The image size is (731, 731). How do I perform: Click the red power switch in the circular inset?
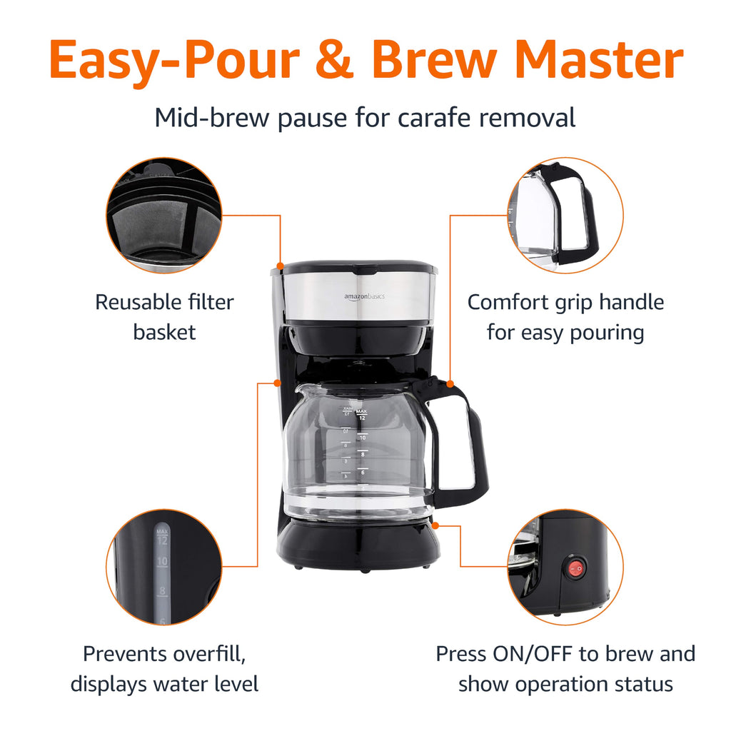click(x=575, y=569)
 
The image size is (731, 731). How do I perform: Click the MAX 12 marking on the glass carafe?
click(x=362, y=415)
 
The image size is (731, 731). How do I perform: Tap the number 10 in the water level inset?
click(x=162, y=562)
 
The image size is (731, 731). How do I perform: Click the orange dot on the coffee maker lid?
click(x=281, y=266)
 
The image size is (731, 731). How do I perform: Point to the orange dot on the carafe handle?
click(x=450, y=383)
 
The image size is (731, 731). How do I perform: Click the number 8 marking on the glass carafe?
click(x=363, y=454)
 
